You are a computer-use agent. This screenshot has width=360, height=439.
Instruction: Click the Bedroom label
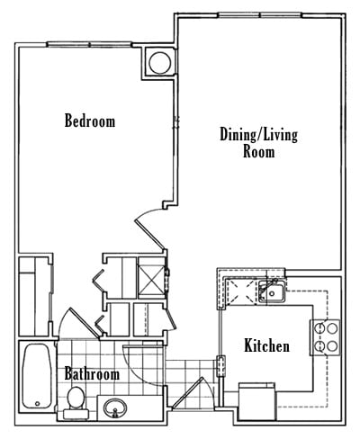point(89,121)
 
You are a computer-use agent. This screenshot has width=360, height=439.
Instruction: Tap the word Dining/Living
point(258,135)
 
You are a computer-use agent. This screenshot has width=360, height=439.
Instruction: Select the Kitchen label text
point(266,346)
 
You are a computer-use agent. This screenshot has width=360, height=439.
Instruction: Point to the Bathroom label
point(92,373)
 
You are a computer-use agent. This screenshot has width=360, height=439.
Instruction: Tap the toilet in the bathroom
point(76,397)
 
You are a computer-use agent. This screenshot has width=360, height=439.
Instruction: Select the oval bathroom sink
point(115,408)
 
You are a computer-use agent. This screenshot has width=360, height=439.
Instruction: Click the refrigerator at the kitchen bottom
point(258,401)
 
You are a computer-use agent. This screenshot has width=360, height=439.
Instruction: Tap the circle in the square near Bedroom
point(159,62)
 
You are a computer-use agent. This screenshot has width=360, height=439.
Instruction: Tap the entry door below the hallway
point(191,396)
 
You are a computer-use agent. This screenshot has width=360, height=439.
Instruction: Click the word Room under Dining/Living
point(258,152)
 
